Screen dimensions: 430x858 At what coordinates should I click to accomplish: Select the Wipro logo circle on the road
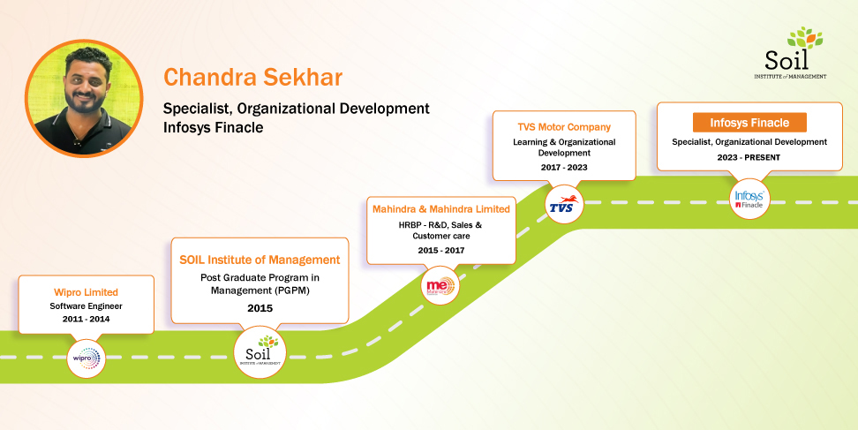point(87,358)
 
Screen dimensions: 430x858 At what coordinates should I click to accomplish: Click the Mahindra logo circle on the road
point(440,286)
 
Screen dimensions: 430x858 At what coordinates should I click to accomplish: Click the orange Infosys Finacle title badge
point(749,123)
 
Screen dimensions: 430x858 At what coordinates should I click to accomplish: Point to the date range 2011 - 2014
point(86,319)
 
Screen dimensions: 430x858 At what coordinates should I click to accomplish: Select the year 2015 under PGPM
point(260,308)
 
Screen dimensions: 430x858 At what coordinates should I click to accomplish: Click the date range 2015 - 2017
point(440,251)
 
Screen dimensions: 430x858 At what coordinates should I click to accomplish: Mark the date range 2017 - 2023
point(564,167)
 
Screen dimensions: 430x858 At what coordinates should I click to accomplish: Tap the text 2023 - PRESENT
point(749,157)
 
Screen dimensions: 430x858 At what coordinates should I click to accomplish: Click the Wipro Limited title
point(86,292)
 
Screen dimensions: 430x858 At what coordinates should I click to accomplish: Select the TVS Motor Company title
point(564,126)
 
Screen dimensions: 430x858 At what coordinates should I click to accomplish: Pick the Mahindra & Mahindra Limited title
point(440,209)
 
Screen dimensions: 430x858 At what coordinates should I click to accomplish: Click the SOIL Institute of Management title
point(260,260)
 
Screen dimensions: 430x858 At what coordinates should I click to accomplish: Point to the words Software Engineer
point(86,306)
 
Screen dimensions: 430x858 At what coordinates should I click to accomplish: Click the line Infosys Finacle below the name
point(214,128)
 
